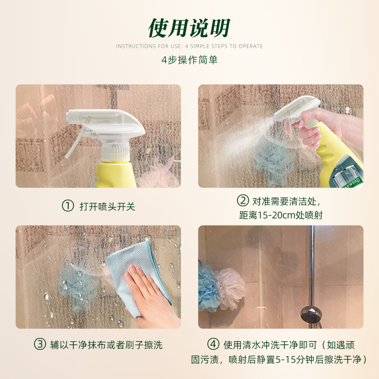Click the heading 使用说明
tap(189, 28)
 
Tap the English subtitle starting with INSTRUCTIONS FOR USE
tap(189, 46)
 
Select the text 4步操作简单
tap(189, 60)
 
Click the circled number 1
tap(68, 206)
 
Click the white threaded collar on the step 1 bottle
tap(115, 152)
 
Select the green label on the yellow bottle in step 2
tap(348, 173)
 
